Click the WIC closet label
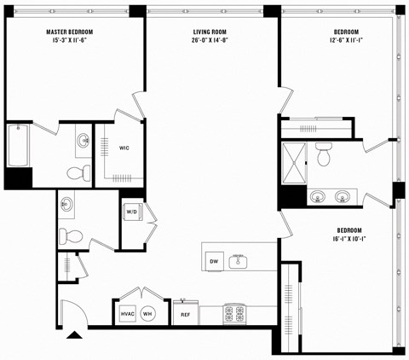pos(124,148)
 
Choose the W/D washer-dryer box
pos(132,212)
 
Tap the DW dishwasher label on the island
pos(214,261)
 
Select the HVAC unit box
pos(128,313)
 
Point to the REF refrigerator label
pos(185,315)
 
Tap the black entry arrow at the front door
pos(75,334)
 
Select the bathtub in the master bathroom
pos(18,147)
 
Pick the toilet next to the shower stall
pos(324,156)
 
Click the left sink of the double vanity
pos(317,196)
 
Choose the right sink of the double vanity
pos(343,196)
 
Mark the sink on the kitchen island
pos(239,260)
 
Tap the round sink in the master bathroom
pos(83,141)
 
